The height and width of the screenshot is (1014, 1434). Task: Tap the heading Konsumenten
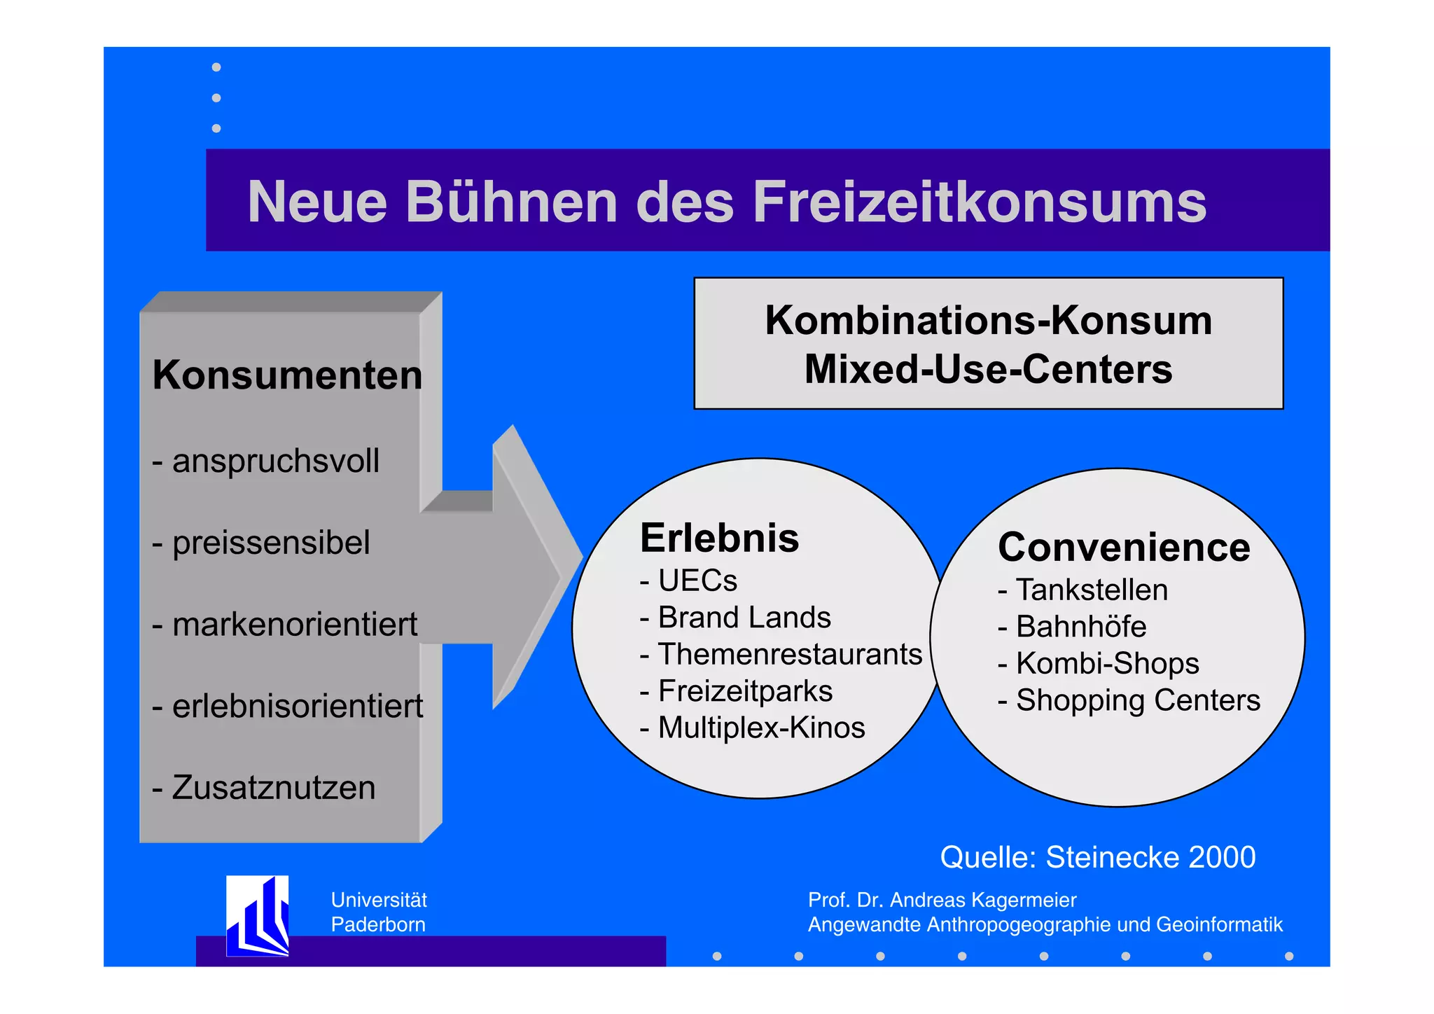pos(287,375)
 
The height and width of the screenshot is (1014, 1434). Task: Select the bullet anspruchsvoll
pos(274,461)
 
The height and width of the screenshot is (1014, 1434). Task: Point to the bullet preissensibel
pos(270,543)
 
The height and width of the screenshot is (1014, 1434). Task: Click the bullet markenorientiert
pos(294,625)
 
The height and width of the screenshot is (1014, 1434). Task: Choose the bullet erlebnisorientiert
pos(297,707)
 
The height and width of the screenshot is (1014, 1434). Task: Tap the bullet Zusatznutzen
pos(273,788)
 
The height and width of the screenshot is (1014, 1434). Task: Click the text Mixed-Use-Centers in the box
pos(988,369)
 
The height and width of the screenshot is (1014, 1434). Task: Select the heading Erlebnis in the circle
pos(719,539)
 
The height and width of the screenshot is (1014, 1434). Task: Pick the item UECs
pos(697,581)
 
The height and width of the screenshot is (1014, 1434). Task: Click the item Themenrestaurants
pos(789,655)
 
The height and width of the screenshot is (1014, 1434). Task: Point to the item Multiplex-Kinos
pos(761,728)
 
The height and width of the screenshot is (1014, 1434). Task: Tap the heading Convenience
pos(1124,548)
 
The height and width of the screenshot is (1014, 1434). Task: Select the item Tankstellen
pos(1091,590)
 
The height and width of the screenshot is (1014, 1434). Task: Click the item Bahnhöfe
pos(1080,627)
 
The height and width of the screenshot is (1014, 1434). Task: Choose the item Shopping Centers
pos(1137,701)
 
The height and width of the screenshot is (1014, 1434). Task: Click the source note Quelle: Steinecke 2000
pos(1097,858)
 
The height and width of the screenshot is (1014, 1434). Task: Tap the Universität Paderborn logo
pos(258,915)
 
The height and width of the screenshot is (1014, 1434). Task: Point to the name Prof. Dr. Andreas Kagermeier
pos(942,900)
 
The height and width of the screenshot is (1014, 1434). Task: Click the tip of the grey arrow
pos(580,558)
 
